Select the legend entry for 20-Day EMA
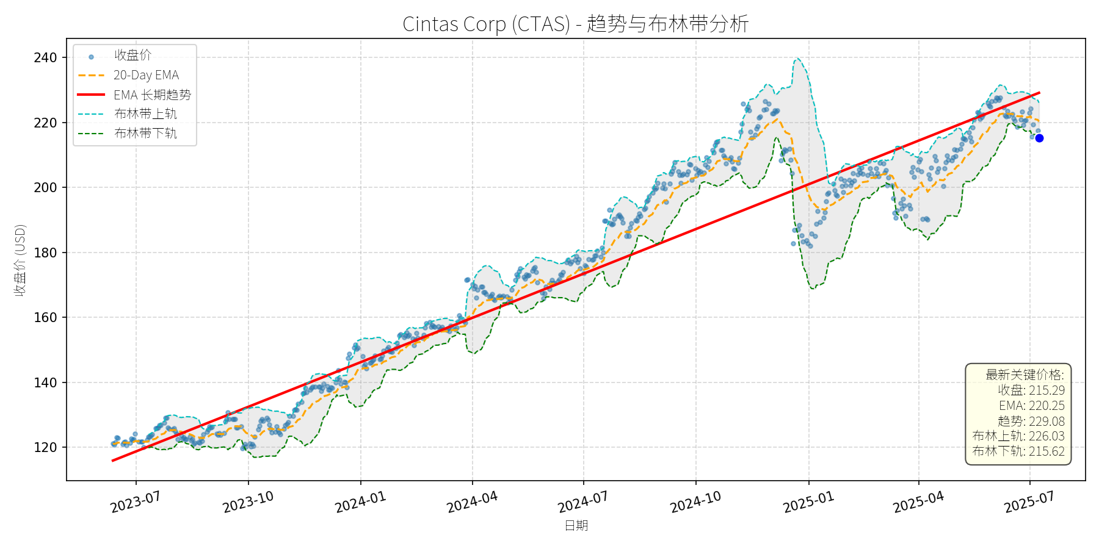click(146, 75)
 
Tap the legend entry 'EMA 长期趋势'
click(152, 95)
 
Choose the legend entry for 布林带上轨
click(145, 114)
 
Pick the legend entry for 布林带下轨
click(145, 133)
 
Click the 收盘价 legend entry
click(132, 56)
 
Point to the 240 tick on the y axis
click(45, 58)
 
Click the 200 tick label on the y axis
click(45, 187)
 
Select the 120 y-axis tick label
click(45, 447)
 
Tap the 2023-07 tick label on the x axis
click(136, 502)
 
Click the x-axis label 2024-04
click(472, 502)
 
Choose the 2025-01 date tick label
click(808, 502)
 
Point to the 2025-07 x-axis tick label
click(1029, 502)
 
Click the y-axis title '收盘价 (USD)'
click(20, 260)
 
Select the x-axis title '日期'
click(576, 525)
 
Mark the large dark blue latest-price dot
click(1039, 138)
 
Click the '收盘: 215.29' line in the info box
click(1031, 390)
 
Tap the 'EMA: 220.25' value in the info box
click(1031, 406)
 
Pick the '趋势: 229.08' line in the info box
click(1031, 421)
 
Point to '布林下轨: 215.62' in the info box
click(1018, 451)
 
